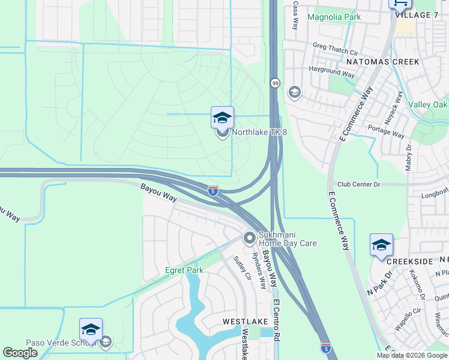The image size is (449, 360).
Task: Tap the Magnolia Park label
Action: pyautogui.click(x=334, y=17)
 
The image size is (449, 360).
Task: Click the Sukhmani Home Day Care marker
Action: pyautogui.click(x=249, y=239)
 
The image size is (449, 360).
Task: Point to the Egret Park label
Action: pyautogui.click(x=184, y=271)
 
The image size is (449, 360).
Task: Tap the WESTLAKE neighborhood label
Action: pyautogui.click(x=241, y=322)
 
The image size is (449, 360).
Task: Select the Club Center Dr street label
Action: pyautogui.click(x=359, y=184)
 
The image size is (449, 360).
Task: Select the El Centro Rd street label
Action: pyautogui.click(x=277, y=320)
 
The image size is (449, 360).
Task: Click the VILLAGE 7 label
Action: pyautogui.click(x=421, y=15)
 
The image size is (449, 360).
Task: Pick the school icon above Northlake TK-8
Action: pyautogui.click(x=222, y=118)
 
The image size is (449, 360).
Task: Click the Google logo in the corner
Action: pyautogui.click(x=20, y=353)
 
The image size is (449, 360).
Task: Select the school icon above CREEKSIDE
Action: pyautogui.click(x=381, y=245)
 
